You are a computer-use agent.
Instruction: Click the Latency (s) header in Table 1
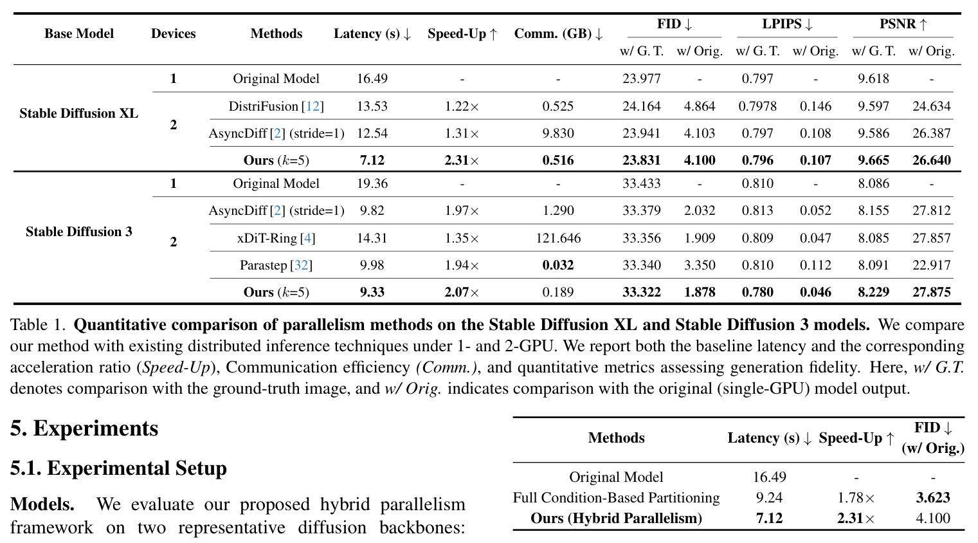pyautogui.click(x=372, y=33)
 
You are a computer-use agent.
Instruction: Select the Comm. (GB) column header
pyautogui.click(x=558, y=33)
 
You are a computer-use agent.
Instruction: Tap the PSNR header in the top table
pyautogui.click(x=903, y=24)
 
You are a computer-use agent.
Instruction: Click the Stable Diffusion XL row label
pyautogui.click(x=78, y=113)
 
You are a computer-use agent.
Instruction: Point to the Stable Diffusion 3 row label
pyautogui.click(x=78, y=232)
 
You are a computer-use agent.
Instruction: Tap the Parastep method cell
pyautogui.click(x=276, y=265)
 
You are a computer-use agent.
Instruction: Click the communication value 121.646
pyautogui.click(x=558, y=238)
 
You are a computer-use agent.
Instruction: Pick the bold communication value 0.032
pyautogui.click(x=558, y=265)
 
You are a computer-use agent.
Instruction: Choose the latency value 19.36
pyautogui.click(x=372, y=183)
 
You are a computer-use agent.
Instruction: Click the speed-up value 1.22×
pyautogui.click(x=462, y=106)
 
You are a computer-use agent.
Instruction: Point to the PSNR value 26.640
pyautogui.click(x=932, y=160)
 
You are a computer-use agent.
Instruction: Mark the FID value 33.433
pyautogui.click(x=641, y=183)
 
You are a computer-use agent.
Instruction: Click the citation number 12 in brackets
pyautogui.click(x=312, y=106)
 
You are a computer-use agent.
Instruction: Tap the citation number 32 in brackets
pyautogui.click(x=302, y=265)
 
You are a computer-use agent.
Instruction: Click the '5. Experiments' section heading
pyautogui.click(x=84, y=428)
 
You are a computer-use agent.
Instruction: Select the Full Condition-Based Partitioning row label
pyautogui.click(x=616, y=497)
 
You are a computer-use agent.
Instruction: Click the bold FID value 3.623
pyautogui.click(x=933, y=497)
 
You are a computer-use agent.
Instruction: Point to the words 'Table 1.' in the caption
pyautogui.click(x=37, y=325)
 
